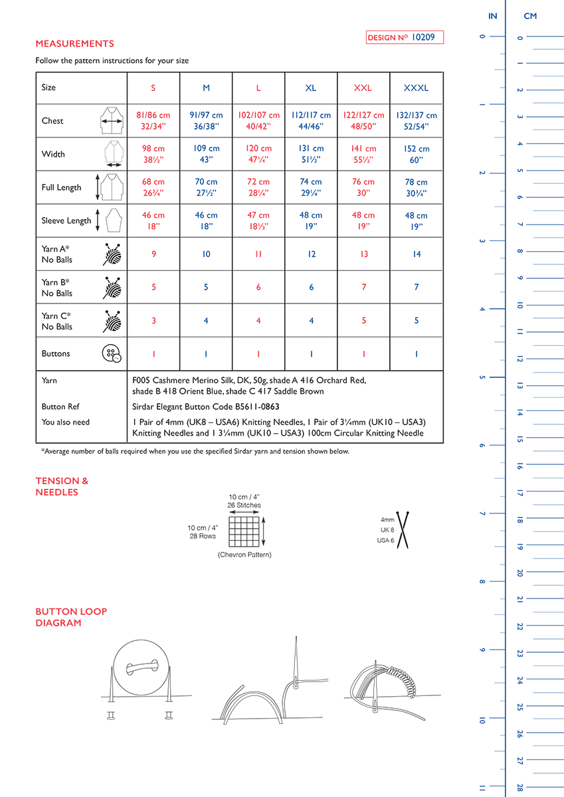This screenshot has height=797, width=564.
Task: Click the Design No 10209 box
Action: pyautogui.click(x=405, y=38)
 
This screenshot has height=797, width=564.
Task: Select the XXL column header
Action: pyautogui.click(x=363, y=88)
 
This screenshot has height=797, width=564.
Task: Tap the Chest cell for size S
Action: pyautogui.click(x=153, y=121)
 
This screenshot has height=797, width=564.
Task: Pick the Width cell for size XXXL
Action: pyautogui.click(x=417, y=154)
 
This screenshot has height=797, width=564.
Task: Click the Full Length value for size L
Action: pyautogui.click(x=258, y=187)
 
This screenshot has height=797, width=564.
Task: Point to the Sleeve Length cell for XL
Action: pyautogui.click(x=311, y=221)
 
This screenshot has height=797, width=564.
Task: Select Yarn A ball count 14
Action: pyautogui.click(x=417, y=254)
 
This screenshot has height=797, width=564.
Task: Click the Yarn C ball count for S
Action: pyautogui.click(x=153, y=321)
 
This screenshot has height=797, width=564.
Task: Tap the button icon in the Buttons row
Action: pyautogui.click(x=112, y=353)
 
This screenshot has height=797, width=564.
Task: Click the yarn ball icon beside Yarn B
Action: pyautogui.click(x=112, y=287)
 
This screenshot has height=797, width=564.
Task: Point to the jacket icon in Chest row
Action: pyautogui.click(x=112, y=121)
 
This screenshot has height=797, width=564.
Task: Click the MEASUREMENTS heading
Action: pyautogui.click(x=74, y=44)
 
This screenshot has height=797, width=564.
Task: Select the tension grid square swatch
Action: pyautogui.click(x=244, y=531)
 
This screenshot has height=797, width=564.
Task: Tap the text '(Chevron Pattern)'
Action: pyautogui.click(x=244, y=555)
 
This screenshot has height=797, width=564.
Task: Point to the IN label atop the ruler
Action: pyautogui.click(x=492, y=16)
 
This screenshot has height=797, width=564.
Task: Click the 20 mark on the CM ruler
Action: pyautogui.click(x=519, y=573)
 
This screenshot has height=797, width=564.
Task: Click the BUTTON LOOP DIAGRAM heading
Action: pyautogui.click(x=71, y=617)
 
